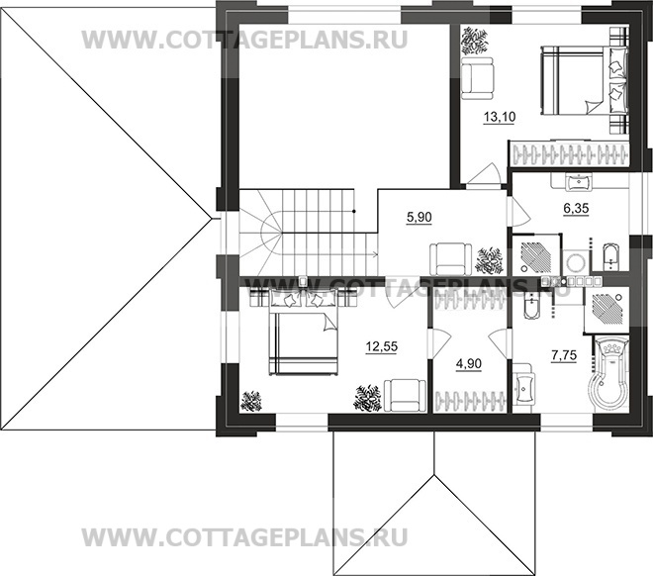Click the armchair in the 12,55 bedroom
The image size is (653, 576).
click(404, 395)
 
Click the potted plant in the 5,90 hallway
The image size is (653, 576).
click(489, 260)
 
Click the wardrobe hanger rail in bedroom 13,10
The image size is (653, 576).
click(568, 155)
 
